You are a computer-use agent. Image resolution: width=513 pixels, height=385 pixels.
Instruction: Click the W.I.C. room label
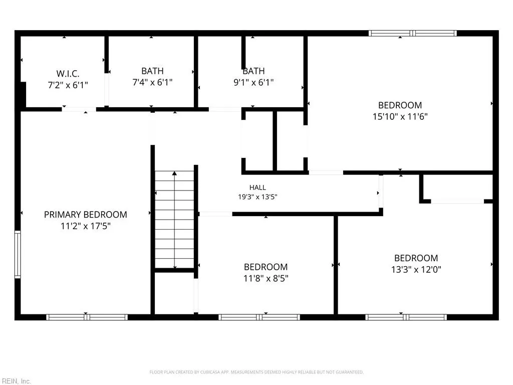point(68,73)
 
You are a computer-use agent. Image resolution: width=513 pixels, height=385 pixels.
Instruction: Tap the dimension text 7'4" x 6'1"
point(152,82)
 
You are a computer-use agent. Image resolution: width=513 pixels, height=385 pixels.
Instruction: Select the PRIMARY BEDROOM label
point(85,215)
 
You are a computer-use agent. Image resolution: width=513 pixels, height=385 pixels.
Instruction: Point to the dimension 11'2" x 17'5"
point(85,226)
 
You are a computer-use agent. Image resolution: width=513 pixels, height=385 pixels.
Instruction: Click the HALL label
point(258,187)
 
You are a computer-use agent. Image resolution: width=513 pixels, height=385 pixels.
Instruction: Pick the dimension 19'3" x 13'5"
point(258,197)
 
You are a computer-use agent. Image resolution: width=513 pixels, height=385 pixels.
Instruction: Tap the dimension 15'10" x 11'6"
point(400,116)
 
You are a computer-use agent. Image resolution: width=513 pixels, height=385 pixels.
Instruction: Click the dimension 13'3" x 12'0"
point(416,269)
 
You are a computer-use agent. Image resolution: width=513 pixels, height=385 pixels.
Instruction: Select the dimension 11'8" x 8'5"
point(266,278)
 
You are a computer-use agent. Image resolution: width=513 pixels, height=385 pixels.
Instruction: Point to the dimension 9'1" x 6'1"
point(253,82)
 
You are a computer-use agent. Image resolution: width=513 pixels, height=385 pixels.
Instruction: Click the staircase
point(174,220)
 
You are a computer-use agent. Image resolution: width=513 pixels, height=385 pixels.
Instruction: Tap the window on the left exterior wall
point(18,254)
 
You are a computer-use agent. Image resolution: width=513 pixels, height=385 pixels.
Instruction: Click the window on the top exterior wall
point(413,33)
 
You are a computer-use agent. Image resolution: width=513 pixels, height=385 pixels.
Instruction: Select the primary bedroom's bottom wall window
point(87,317)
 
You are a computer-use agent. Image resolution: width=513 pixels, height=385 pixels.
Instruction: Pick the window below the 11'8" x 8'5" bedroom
point(259,317)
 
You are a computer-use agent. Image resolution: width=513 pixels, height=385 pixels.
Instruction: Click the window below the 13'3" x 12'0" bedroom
point(406,317)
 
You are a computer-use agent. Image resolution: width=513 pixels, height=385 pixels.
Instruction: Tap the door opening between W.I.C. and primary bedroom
point(79,109)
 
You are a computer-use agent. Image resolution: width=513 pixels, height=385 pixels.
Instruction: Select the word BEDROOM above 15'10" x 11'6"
point(400,105)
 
